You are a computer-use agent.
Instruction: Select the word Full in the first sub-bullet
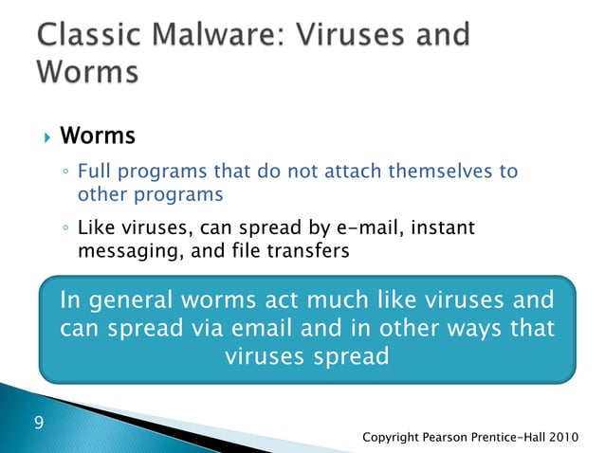92,172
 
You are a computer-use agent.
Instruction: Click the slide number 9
39,421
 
